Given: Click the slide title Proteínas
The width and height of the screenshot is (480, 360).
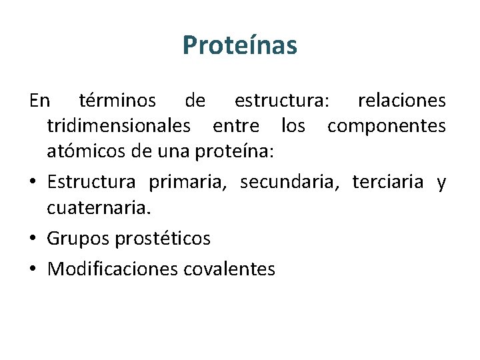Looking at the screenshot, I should tap(239, 46).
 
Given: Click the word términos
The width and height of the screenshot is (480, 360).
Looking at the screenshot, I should tap(117, 101).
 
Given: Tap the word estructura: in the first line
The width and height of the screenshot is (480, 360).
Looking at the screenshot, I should tap(279, 101).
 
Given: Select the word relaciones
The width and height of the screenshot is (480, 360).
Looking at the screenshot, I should tap(401, 101).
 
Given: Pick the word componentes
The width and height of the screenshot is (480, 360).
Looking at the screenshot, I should tap(386, 126).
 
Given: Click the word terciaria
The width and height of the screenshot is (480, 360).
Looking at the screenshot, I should tap(388, 182).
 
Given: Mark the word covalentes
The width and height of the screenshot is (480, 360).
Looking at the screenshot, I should tap(229, 269).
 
